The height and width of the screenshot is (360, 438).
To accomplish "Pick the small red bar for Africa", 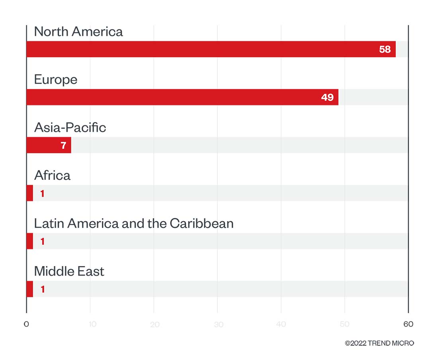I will click(30, 193).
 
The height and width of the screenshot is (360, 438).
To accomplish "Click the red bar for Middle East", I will click(30, 289).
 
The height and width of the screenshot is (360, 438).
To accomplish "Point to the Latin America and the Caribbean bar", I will click(30, 241).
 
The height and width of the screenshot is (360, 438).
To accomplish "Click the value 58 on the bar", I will click(385, 50).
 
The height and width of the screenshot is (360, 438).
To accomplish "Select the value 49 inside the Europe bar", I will click(327, 97).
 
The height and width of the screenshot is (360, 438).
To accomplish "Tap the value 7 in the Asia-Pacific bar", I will click(63, 146).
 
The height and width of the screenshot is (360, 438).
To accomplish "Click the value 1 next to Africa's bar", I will click(42, 194).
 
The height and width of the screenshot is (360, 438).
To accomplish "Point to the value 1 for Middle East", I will click(42, 290).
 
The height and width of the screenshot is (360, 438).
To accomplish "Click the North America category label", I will click(78, 32).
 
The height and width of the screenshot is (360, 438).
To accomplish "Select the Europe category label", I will click(56, 80).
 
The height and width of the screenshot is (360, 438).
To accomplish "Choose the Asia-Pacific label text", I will click(70, 128).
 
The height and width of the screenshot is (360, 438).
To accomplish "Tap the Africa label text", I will click(52, 175).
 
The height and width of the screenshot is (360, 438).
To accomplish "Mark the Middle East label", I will click(69, 271).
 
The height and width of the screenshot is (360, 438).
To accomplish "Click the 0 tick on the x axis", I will click(26, 324).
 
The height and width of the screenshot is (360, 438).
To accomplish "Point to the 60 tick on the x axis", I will click(408, 324).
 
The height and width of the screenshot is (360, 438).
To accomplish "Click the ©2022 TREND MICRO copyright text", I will click(379, 343).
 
